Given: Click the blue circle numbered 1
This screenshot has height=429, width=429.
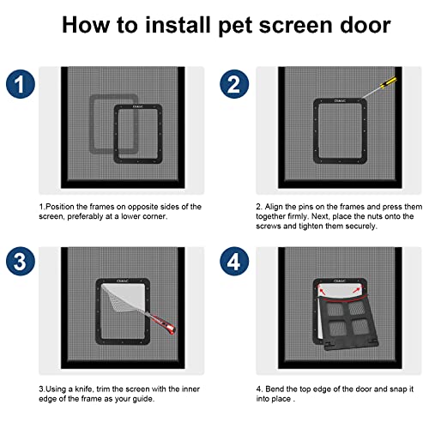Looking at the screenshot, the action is (x=21, y=84).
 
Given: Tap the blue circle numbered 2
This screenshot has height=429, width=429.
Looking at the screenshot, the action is (x=234, y=84).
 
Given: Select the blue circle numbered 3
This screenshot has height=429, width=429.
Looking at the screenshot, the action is (x=21, y=262).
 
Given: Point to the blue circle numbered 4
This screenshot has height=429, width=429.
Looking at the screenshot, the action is (x=234, y=262).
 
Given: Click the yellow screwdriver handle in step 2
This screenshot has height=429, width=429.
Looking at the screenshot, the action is (x=388, y=82).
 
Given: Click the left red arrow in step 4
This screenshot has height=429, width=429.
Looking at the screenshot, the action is (x=323, y=292).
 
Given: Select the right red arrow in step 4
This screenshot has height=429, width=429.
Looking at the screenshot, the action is (x=357, y=291).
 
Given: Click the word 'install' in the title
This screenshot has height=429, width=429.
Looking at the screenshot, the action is (x=178, y=25).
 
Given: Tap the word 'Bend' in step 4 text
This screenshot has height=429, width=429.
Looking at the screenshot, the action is (x=275, y=389).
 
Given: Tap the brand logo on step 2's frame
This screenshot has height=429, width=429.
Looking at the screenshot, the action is (x=340, y=100).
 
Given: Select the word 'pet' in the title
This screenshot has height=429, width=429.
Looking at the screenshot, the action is (x=235, y=27).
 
